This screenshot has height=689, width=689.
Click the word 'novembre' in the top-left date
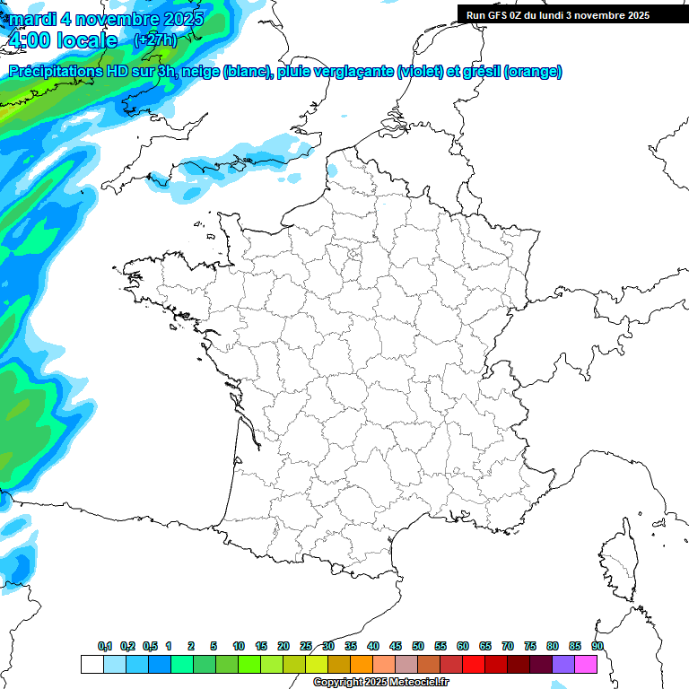pos(116,19)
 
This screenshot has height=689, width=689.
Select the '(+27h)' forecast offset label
pos(155,40)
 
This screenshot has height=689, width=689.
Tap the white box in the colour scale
pos(92,664)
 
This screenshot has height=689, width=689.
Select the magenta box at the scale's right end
pos(586,664)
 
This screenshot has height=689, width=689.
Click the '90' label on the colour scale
pos(597,646)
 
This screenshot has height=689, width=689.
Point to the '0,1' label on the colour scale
pos(104,646)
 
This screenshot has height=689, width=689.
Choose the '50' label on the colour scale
pos(418,646)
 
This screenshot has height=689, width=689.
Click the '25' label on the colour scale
pos(306,646)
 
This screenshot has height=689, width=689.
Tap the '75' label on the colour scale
pos(530,646)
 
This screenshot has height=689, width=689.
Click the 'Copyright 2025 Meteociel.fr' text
pos(380,683)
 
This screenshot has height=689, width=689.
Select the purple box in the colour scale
pos(563,664)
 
